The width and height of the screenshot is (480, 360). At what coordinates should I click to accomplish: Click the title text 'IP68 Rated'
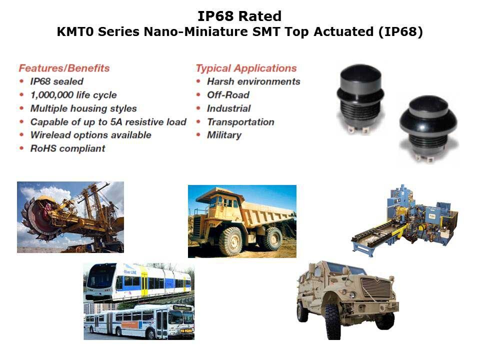(239, 16)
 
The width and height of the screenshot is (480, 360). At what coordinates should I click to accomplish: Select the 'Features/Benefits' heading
(64, 68)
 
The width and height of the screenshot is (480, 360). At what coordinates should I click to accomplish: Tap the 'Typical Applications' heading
(246, 68)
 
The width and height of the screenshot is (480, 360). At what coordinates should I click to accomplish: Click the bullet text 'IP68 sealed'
(56, 81)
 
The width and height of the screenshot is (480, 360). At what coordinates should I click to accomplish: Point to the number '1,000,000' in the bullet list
(52, 95)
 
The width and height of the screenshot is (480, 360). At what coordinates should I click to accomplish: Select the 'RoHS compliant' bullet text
(67, 148)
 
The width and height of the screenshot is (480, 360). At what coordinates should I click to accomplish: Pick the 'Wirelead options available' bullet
(91, 135)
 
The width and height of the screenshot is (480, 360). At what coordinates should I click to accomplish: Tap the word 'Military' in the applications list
(224, 135)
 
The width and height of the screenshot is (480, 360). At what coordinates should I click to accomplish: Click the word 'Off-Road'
(228, 95)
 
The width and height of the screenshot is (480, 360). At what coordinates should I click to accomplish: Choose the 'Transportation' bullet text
(240, 122)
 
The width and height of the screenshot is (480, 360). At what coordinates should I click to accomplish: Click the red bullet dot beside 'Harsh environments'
(198, 81)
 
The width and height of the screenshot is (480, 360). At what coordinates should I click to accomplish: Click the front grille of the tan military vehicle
(376, 288)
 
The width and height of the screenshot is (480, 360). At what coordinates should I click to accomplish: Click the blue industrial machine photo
(405, 220)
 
